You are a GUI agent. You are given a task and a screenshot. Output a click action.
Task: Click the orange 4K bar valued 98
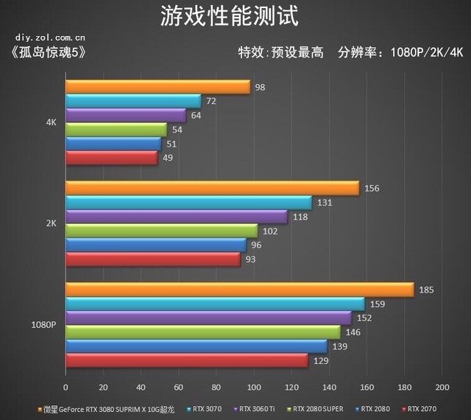pyautogui.click(x=157, y=87)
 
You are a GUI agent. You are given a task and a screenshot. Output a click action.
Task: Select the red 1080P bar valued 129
pyautogui.click(x=186, y=360)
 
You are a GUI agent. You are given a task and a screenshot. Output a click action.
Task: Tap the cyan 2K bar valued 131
pyautogui.click(x=188, y=203)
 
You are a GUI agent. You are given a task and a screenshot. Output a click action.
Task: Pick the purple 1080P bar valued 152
pyautogui.click(x=208, y=318)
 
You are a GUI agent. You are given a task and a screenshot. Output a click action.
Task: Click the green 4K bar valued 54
pyautogui.click(x=116, y=130)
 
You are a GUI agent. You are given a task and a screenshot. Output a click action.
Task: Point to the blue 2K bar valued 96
pyautogui.click(x=156, y=245)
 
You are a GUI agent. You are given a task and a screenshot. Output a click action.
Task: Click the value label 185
pyautogui.click(x=426, y=290)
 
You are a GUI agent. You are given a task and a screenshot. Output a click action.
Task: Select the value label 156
pyautogui.click(x=372, y=188)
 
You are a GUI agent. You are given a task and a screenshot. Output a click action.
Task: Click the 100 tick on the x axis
pyautogui.click(x=254, y=388)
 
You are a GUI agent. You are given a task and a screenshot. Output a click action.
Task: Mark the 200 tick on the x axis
pyautogui.click(x=442, y=388)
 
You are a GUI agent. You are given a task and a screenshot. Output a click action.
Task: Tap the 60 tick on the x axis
pyautogui.click(x=179, y=388)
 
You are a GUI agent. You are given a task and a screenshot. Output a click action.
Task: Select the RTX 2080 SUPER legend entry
pyautogui.click(x=317, y=407)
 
